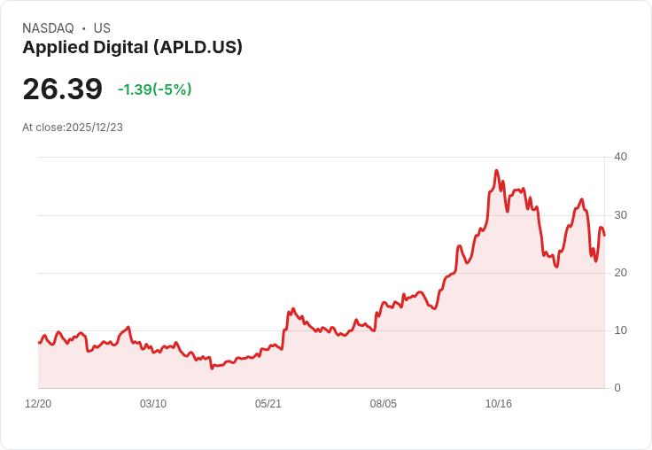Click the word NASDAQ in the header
point(48,28)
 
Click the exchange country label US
point(102,28)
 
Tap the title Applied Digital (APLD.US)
point(132,48)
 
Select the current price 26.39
point(62,89)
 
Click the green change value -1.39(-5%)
point(154,89)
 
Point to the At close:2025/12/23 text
point(73,128)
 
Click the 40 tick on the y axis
point(621,157)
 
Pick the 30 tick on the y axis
point(621,215)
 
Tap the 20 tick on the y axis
point(621,273)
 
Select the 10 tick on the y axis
point(621,330)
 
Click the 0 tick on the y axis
point(617,388)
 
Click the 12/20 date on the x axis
point(38,404)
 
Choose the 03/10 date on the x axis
point(153,404)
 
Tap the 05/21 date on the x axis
point(268,404)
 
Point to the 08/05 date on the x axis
point(384,404)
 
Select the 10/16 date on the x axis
point(499,404)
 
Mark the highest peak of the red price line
point(496,171)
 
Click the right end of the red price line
point(604,235)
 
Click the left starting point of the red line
point(39,343)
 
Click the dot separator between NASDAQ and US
point(84,28)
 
